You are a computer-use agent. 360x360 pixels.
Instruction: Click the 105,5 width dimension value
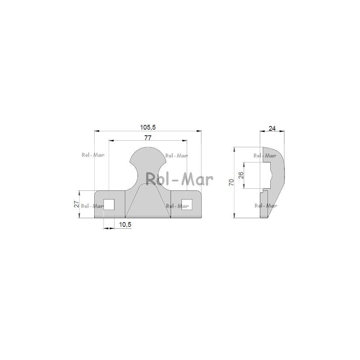click(148, 127)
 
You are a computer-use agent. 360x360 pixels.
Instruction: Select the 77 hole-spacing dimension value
click(148, 138)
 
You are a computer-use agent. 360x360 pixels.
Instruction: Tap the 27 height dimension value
click(77, 204)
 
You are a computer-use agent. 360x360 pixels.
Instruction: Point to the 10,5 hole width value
click(125, 225)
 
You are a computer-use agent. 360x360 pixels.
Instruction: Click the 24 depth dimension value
click(272, 129)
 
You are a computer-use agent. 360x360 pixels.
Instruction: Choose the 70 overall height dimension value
click(231, 182)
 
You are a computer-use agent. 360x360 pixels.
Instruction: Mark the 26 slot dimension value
click(241, 175)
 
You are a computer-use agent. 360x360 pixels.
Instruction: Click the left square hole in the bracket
click(109, 204)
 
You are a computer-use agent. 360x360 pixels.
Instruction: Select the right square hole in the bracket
click(187, 204)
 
